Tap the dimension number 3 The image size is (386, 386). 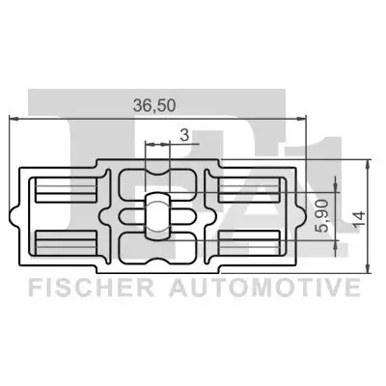tap(183, 137)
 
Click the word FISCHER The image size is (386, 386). tap(89, 288)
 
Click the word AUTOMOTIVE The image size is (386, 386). tap(264, 288)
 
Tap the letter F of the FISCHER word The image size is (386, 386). tap(32, 288)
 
